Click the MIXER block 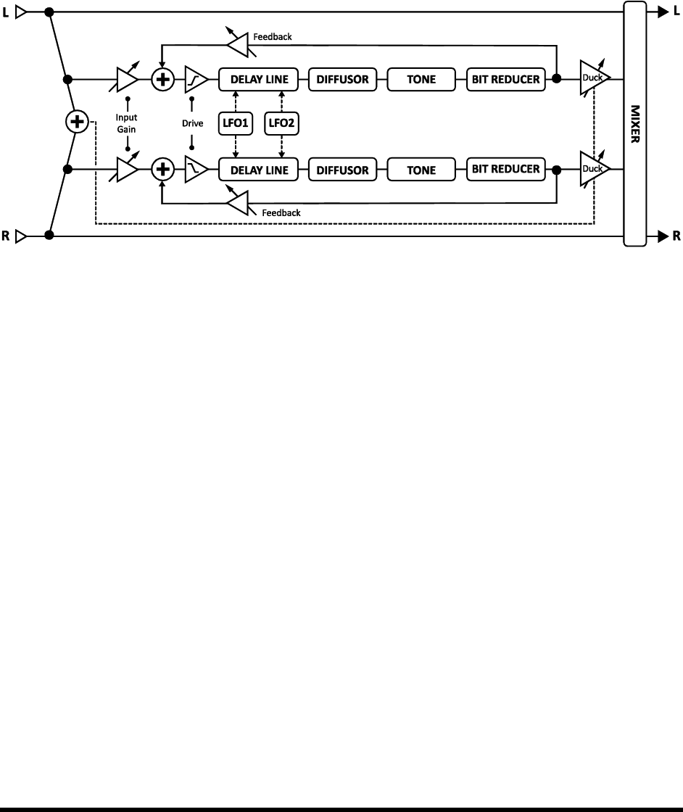tap(634, 124)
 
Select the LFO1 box tap(235, 124)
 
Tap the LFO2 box tap(283, 124)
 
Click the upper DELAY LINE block tap(259, 80)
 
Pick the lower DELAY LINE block tap(259, 170)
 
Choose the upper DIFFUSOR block tap(343, 80)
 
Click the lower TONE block tap(421, 170)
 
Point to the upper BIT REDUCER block tap(506, 80)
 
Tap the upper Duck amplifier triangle tap(592, 78)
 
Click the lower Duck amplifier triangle tap(592, 170)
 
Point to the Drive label tap(192, 124)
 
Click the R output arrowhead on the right tap(663, 236)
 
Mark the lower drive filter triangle tap(196, 170)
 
